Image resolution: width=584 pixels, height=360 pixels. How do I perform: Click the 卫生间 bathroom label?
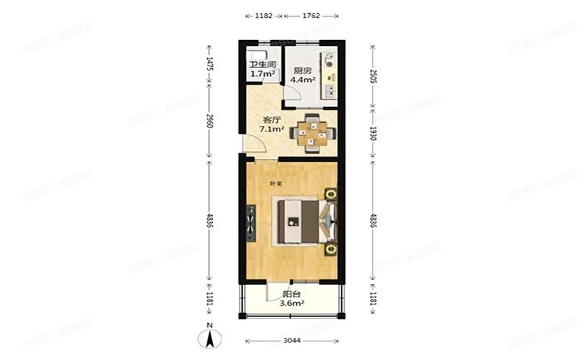click(261, 66)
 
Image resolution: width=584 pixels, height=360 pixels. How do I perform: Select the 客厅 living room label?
click(271, 120)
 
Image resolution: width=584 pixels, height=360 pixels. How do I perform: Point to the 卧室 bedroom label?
click(275, 184)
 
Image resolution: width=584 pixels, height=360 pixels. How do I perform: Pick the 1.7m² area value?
click(261, 75)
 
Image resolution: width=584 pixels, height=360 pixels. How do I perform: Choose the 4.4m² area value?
click(302, 79)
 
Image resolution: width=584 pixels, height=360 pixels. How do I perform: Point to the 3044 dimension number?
click(291, 341)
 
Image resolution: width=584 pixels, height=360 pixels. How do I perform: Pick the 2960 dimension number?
click(209, 121)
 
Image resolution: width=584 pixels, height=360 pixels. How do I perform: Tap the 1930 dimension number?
click(373, 133)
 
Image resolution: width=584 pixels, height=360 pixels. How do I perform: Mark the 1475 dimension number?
click(209, 63)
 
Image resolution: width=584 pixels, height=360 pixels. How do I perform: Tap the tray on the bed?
click(293, 220)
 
